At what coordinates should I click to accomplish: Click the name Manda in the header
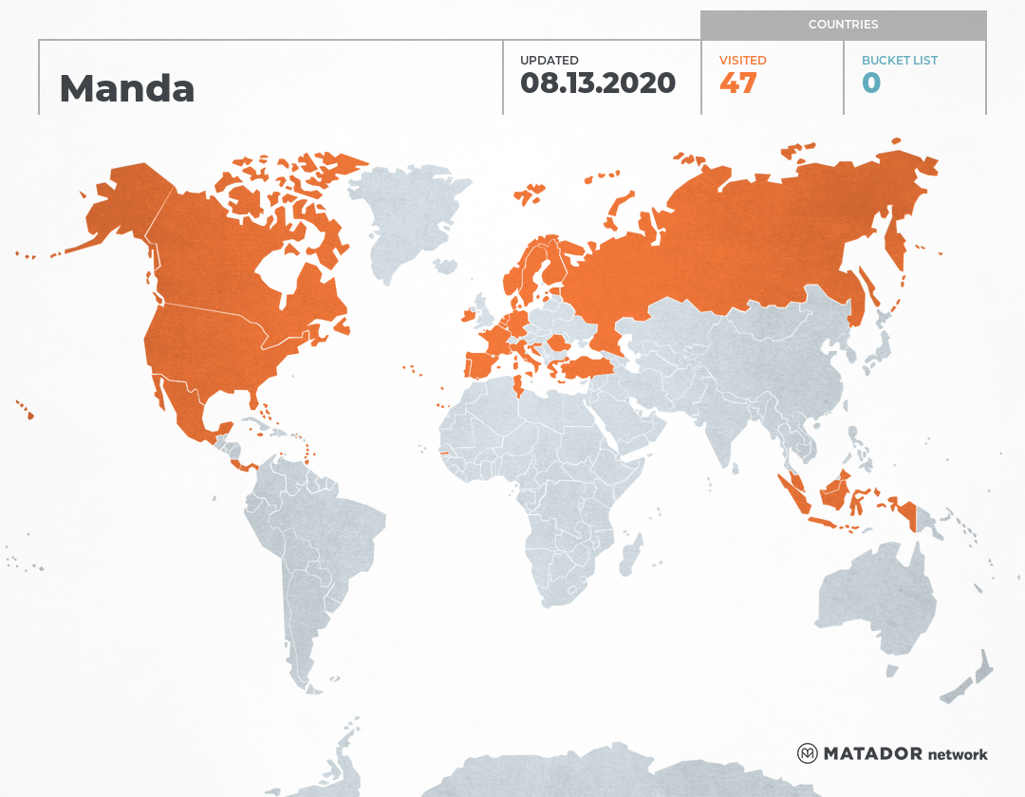point(127,88)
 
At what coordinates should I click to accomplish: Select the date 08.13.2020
point(598,83)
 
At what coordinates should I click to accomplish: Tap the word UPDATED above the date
point(549,60)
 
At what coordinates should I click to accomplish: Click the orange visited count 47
point(737,83)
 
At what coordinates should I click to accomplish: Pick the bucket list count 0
point(871,83)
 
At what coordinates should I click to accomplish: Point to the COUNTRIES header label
point(843,25)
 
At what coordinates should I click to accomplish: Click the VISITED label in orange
point(742,60)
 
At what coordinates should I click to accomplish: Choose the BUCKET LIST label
point(899,60)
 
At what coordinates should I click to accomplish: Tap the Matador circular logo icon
point(807,753)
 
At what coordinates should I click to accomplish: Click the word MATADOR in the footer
point(872,754)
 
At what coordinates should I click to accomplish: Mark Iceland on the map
point(530,194)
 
